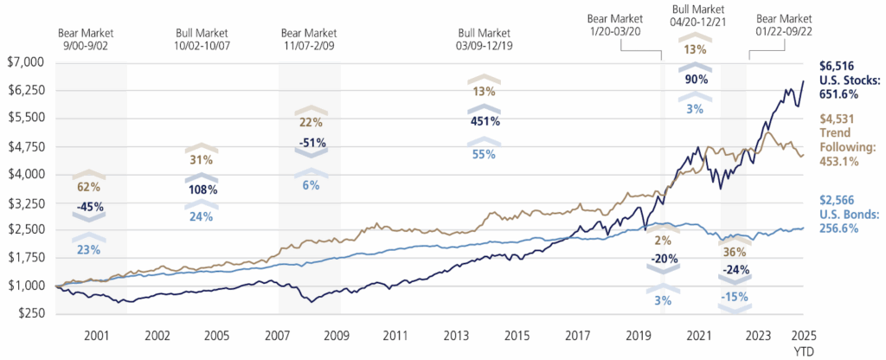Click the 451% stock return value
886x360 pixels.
pos(485,121)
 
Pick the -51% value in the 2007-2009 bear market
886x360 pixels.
pos(309,143)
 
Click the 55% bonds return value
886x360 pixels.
pos(485,152)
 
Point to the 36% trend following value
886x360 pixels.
pos(731,253)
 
